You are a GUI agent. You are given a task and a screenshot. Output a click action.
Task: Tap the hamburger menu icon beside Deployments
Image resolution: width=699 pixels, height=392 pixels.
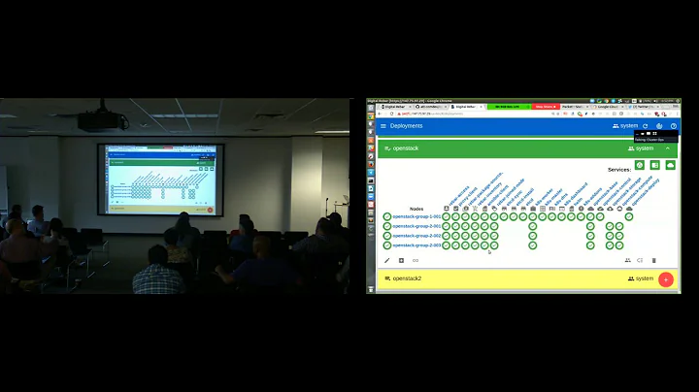click(383, 126)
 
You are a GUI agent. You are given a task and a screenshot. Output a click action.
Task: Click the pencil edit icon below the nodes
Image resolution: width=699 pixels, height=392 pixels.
click(387, 260)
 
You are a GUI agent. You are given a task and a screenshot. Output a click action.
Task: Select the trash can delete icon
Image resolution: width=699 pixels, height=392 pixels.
click(654, 260)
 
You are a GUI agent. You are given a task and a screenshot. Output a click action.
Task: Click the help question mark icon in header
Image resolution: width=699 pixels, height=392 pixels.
click(674, 126)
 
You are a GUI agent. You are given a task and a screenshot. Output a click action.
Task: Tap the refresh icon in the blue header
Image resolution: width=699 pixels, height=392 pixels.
click(646, 126)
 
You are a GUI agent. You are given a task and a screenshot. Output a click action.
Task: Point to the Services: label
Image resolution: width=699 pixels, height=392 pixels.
click(619, 169)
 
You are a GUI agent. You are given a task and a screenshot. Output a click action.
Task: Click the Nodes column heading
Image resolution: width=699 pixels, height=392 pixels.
click(416, 208)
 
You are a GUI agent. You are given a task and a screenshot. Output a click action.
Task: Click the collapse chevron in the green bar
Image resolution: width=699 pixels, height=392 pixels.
click(668, 148)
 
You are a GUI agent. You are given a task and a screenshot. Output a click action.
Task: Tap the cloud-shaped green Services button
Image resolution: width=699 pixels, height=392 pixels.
click(670, 166)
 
